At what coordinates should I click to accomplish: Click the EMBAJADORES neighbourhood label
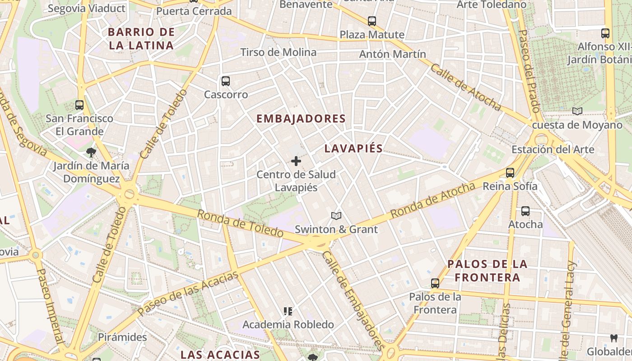coord(301,119)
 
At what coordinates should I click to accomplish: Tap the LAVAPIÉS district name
coord(353,148)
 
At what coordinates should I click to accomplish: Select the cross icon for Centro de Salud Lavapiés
coord(296,161)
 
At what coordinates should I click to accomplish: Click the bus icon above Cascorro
coord(226,81)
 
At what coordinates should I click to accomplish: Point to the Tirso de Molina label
coord(278,52)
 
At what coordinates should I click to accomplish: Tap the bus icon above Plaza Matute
coord(372,21)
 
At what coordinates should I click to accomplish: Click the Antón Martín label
coord(392,54)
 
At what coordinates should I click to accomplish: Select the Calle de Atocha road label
coord(465,87)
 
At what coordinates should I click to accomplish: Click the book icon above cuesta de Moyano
coord(577,111)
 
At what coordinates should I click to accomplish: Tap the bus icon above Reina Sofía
coord(510,172)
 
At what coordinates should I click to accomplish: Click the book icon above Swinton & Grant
coord(336,216)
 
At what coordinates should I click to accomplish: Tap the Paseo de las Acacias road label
coord(188,294)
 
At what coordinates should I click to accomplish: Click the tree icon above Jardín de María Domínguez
coord(91,152)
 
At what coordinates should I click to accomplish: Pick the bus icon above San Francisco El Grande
coord(79,105)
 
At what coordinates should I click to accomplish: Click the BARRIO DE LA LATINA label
coord(141,38)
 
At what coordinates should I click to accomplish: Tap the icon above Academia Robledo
coord(288,311)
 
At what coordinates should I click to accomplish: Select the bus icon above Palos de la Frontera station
coord(435,283)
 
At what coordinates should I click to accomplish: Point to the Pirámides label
coord(122,337)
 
